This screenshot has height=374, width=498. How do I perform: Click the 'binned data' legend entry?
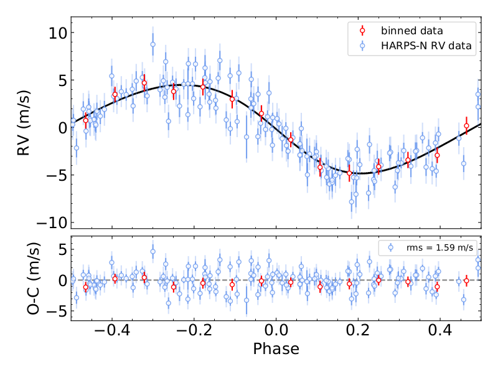(x=410, y=31)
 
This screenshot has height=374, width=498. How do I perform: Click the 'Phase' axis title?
(x=276, y=349)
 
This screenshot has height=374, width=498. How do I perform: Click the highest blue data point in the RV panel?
(x=153, y=44)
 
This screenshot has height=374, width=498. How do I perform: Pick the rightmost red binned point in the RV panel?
(x=466, y=126)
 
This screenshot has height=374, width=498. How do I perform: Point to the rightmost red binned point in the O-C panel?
(x=466, y=280)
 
